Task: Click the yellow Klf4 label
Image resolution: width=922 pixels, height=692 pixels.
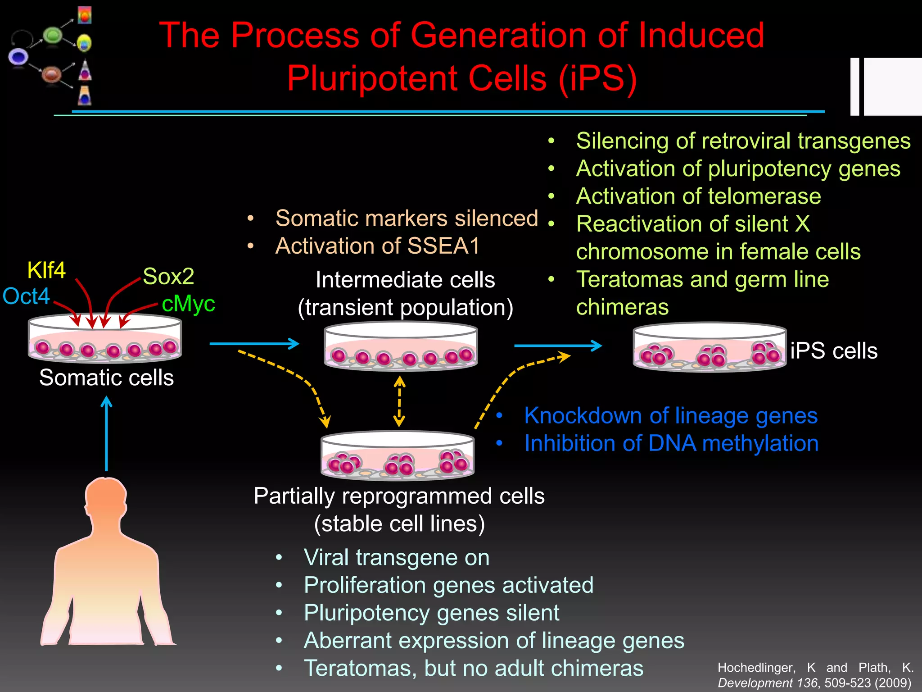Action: point(46,270)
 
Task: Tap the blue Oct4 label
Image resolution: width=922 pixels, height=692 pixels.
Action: point(26,296)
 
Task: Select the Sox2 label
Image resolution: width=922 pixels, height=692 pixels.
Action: point(168,276)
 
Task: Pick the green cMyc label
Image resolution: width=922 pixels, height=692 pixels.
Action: point(188,304)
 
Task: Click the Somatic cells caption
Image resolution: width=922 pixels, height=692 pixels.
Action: point(106,378)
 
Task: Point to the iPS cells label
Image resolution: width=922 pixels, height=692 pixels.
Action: point(834,351)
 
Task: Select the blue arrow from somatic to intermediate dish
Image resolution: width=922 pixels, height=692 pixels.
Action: point(254,344)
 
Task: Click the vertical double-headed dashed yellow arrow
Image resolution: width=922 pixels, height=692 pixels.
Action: point(399,401)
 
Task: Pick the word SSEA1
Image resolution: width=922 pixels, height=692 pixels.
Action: point(443,246)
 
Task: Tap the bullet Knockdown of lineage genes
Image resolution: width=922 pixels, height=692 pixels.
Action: point(671,415)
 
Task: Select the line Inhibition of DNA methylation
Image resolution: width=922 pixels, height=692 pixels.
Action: point(671,443)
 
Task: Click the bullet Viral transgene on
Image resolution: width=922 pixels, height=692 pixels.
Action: point(396,557)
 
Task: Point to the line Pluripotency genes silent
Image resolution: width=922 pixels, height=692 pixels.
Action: point(431,613)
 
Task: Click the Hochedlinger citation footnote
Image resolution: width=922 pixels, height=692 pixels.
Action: point(815,675)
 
